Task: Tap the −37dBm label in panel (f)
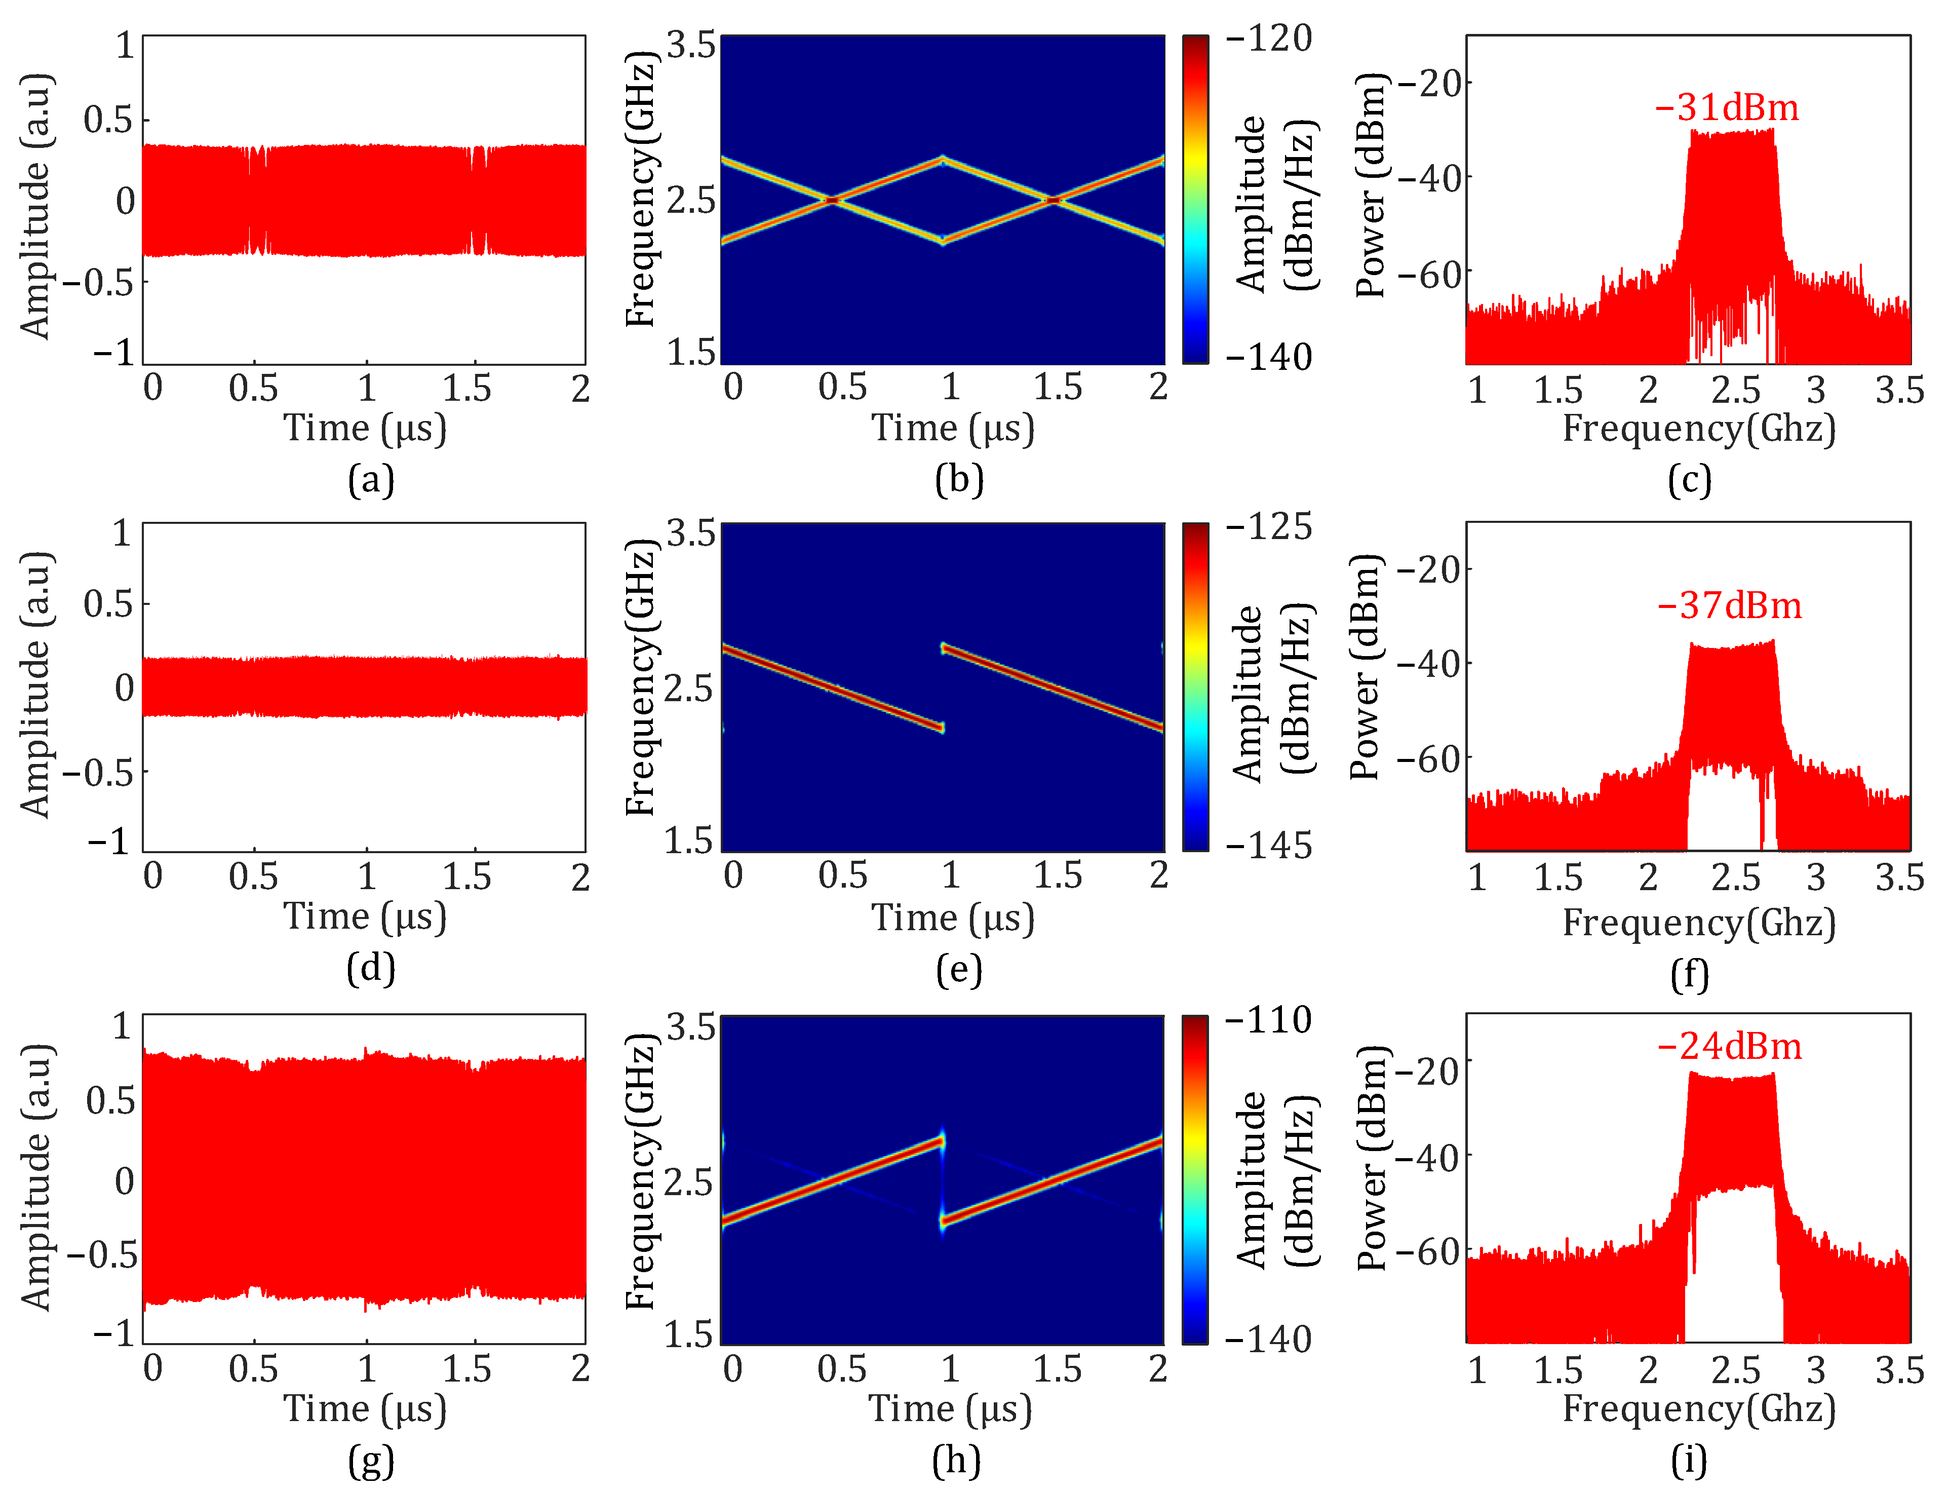pyautogui.click(x=1729, y=606)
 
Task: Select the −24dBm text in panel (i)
pyautogui.click(x=1729, y=1047)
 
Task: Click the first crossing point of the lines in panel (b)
pyautogui.click(x=832, y=201)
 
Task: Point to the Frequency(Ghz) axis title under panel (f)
pyautogui.click(x=1698, y=923)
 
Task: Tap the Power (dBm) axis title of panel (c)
pyautogui.click(x=1371, y=186)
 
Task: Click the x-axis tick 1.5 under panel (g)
pyautogui.click(x=467, y=1368)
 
